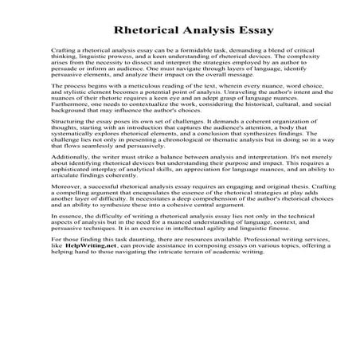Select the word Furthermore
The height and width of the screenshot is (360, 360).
[72, 123]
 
